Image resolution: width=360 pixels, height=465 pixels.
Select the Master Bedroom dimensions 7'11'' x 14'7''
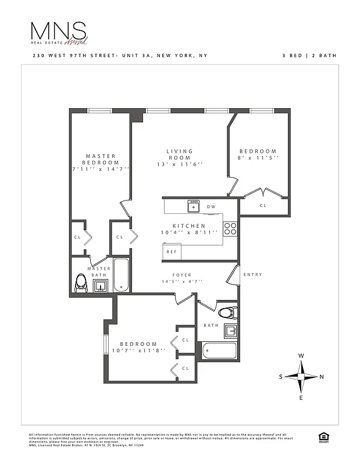(x=100, y=169)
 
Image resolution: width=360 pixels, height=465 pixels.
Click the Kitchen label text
(x=188, y=226)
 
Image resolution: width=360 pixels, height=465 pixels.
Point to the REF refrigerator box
(x=172, y=252)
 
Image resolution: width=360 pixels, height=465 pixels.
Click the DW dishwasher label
(x=211, y=207)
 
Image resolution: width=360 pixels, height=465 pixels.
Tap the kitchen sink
(x=194, y=206)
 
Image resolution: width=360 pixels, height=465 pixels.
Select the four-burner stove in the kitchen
(x=230, y=228)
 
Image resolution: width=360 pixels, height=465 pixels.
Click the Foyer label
(x=182, y=275)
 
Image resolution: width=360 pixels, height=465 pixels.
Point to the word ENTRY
(x=252, y=274)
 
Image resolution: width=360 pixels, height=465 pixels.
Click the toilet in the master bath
(x=81, y=283)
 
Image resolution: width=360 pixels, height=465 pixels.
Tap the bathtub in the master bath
(x=121, y=275)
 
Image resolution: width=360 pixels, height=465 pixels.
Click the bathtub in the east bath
(x=219, y=350)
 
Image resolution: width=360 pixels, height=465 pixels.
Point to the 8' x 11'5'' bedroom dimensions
(x=259, y=158)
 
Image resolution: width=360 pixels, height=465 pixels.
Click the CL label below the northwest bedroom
(x=263, y=205)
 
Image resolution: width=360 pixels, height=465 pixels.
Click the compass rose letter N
(x=322, y=377)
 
